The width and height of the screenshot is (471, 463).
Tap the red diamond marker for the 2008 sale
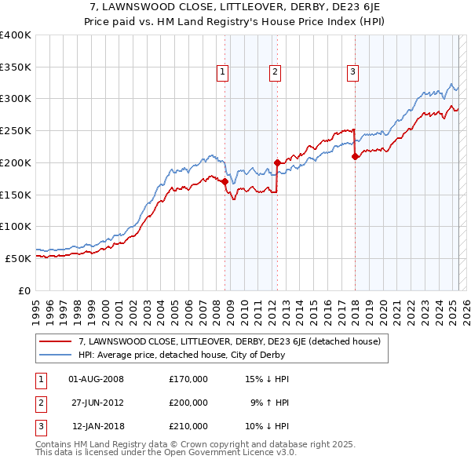pos(225,181)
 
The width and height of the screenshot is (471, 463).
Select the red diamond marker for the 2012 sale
pos(277,162)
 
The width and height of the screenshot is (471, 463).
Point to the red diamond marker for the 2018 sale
pos(355,156)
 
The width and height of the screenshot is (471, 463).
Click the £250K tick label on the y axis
pos(16,130)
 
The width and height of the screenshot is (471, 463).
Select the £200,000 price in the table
pos(188,403)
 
